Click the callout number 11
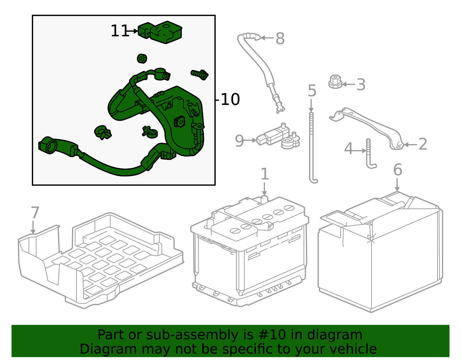pos(120,31)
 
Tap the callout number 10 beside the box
pos(231,99)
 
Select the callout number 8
pos(280,39)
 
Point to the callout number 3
pos(361,84)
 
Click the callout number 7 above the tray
pos(35,212)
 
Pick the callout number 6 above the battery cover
pos(398,170)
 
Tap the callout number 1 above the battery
pos(265,174)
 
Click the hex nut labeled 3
pos(335,82)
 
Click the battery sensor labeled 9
pos(278,137)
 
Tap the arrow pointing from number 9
pos(250,140)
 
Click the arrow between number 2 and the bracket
pos(410,145)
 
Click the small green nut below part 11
pos(142,59)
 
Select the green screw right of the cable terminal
pos(199,74)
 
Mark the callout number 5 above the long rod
pos(312,91)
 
